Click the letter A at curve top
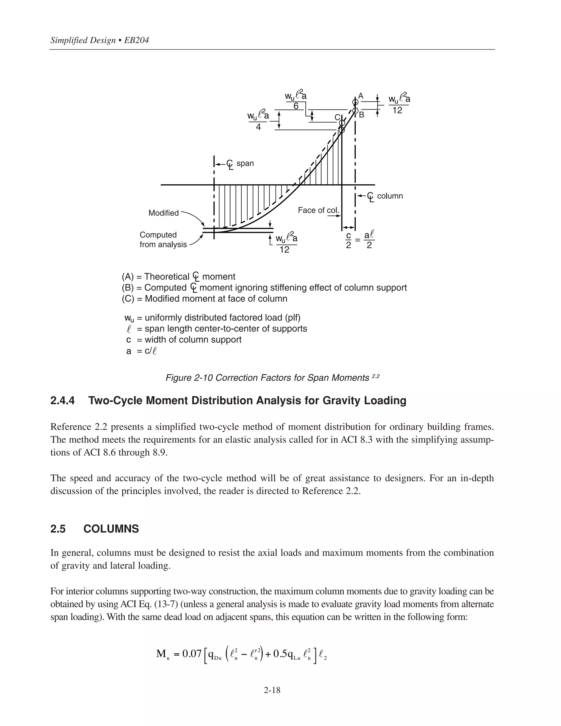click(360, 96)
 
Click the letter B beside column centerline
click(362, 115)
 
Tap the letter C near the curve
click(337, 117)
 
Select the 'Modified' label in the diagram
click(164, 213)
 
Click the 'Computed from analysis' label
click(163, 239)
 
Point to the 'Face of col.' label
click(318, 210)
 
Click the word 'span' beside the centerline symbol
click(245, 163)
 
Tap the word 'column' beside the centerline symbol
click(390, 196)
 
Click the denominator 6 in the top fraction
click(296, 106)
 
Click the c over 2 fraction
click(349, 240)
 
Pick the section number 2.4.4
click(62, 401)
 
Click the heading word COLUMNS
click(111, 529)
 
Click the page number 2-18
click(272, 690)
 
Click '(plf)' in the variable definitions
click(293, 318)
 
